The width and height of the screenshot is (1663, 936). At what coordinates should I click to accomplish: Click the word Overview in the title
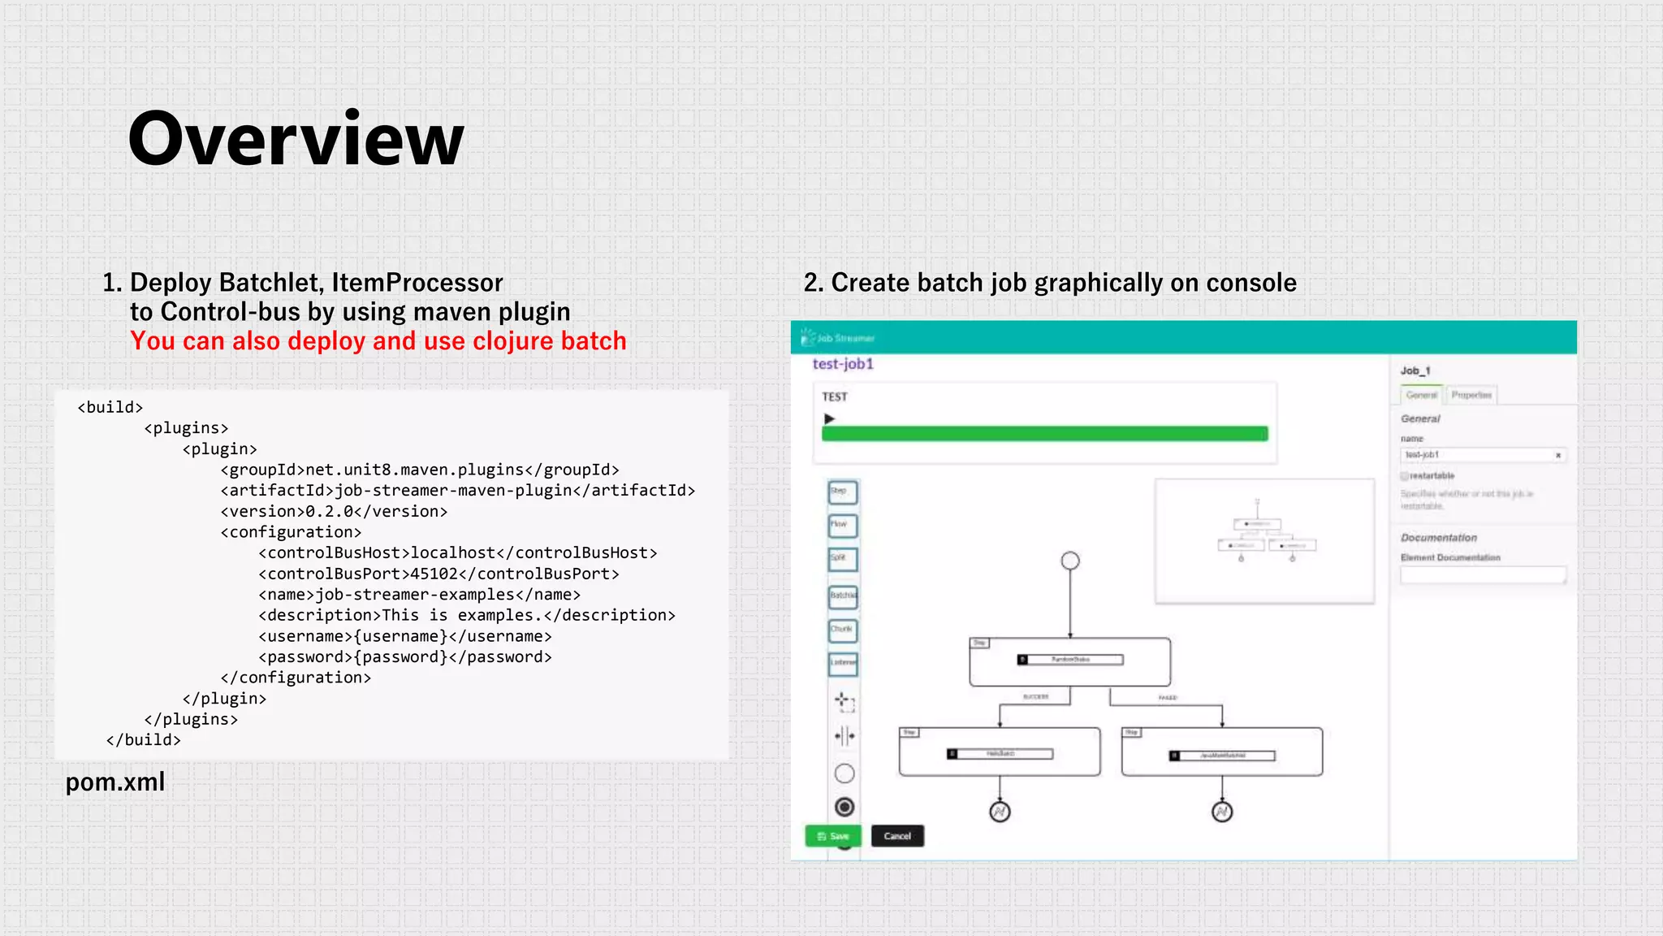tap(296, 139)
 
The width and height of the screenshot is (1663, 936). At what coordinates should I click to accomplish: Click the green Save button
tap(832, 836)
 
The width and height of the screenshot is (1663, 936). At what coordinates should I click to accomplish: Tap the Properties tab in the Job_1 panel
tap(1471, 395)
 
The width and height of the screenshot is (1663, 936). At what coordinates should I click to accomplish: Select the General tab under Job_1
tap(1421, 395)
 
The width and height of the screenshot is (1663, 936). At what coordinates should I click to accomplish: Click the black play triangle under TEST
tap(829, 418)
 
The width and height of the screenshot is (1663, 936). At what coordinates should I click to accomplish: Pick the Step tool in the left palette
tap(842, 492)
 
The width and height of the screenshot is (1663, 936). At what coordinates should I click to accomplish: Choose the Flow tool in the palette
tap(842, 525)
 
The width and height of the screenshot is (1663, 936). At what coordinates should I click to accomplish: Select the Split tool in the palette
tap(842, 559)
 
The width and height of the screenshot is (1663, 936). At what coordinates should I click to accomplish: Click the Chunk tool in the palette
tap(842, 630)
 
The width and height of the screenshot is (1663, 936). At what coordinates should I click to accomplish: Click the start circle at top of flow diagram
tap(1070, 561)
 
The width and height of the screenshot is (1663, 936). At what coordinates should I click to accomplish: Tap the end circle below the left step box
tap(1000, 812)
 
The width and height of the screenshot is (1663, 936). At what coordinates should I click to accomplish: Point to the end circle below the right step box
tap(1222, 812)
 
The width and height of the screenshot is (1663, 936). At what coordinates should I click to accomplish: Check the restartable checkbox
tap(1404, 476)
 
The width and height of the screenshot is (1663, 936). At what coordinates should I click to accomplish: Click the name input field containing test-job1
tap(1478, 455)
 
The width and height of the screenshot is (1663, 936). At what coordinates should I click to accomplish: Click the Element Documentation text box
tap(1483, 575)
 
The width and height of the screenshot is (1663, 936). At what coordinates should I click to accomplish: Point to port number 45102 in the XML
tap(434, 574)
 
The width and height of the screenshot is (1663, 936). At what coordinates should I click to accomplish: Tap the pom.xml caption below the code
tap(115, 782)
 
